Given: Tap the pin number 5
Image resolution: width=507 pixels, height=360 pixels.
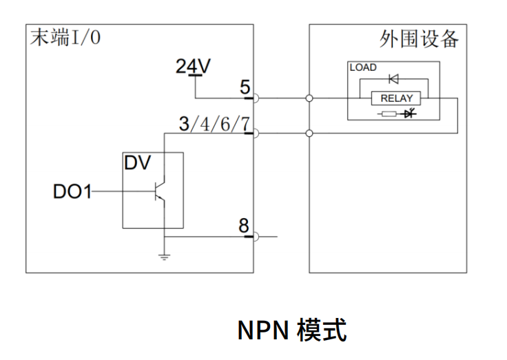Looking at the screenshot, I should [245, 87].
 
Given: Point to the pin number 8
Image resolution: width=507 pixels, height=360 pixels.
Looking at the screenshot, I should [244, 226].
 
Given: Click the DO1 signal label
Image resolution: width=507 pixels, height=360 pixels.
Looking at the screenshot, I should [72, 191].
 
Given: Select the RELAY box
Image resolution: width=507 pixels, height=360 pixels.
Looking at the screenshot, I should [396, 98].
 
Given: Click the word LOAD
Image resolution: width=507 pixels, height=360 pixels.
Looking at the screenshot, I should [363, 68].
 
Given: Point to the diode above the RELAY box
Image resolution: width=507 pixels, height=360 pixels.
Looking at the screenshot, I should [393, 78].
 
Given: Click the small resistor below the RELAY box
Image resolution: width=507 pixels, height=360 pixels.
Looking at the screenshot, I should [390, 114].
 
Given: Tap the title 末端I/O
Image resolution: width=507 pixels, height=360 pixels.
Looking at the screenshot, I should [64, 38].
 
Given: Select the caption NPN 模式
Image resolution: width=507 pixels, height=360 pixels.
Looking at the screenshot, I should [291, 330].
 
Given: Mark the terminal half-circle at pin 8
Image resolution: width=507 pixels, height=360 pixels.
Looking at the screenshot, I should [256, 237].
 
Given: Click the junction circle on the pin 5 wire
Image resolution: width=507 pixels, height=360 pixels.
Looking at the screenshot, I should [309, 98].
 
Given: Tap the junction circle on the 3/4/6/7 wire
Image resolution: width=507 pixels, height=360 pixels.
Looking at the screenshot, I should [309, 134].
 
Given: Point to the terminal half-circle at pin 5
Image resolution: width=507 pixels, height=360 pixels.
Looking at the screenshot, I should [256, 98].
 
